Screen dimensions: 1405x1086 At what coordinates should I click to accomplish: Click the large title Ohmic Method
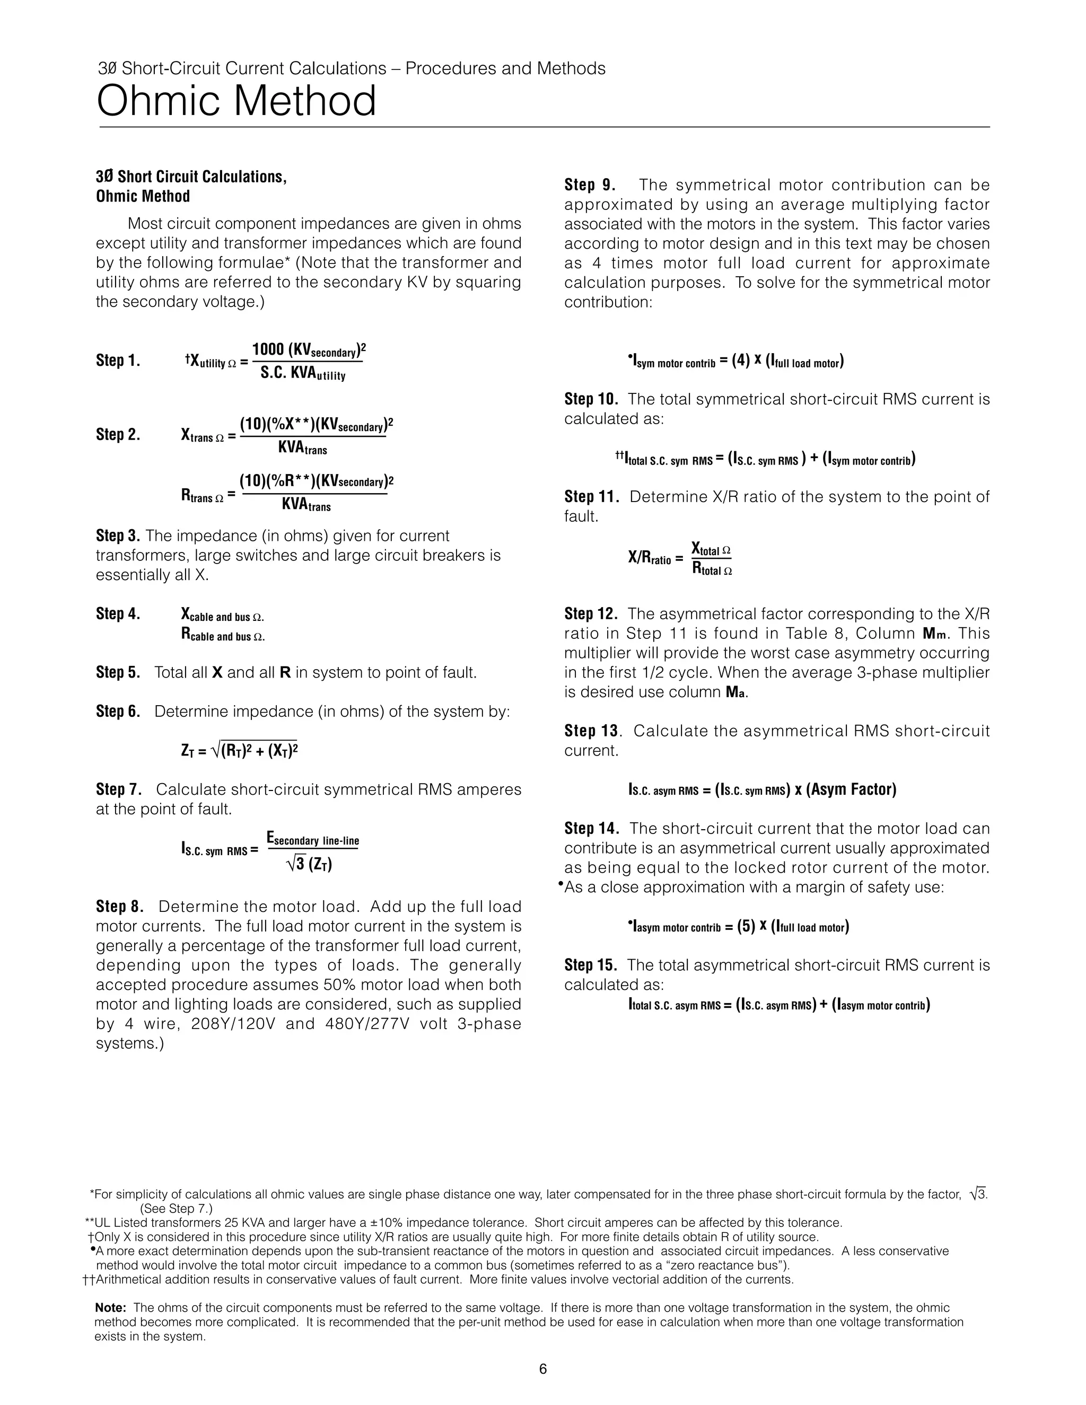click(236, 102)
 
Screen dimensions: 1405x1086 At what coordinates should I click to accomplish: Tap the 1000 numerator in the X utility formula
click(268, 349)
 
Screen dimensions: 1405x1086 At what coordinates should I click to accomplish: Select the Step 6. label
click(118, 712)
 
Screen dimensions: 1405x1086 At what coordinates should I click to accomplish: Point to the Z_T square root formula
click(239, 750)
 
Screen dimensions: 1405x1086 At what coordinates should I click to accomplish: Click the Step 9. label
click(589, 185)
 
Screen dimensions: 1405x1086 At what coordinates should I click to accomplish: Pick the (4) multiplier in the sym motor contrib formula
click(741, 362)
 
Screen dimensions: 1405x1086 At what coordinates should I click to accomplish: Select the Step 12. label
click(591, 614)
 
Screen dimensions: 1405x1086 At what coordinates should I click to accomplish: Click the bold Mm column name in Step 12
click(935, 634)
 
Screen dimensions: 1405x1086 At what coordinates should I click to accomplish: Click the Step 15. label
click(591, 965)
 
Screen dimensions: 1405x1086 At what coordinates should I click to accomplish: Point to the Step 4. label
click(118, 614)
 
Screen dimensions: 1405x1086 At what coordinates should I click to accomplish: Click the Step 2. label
click(118, 435)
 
